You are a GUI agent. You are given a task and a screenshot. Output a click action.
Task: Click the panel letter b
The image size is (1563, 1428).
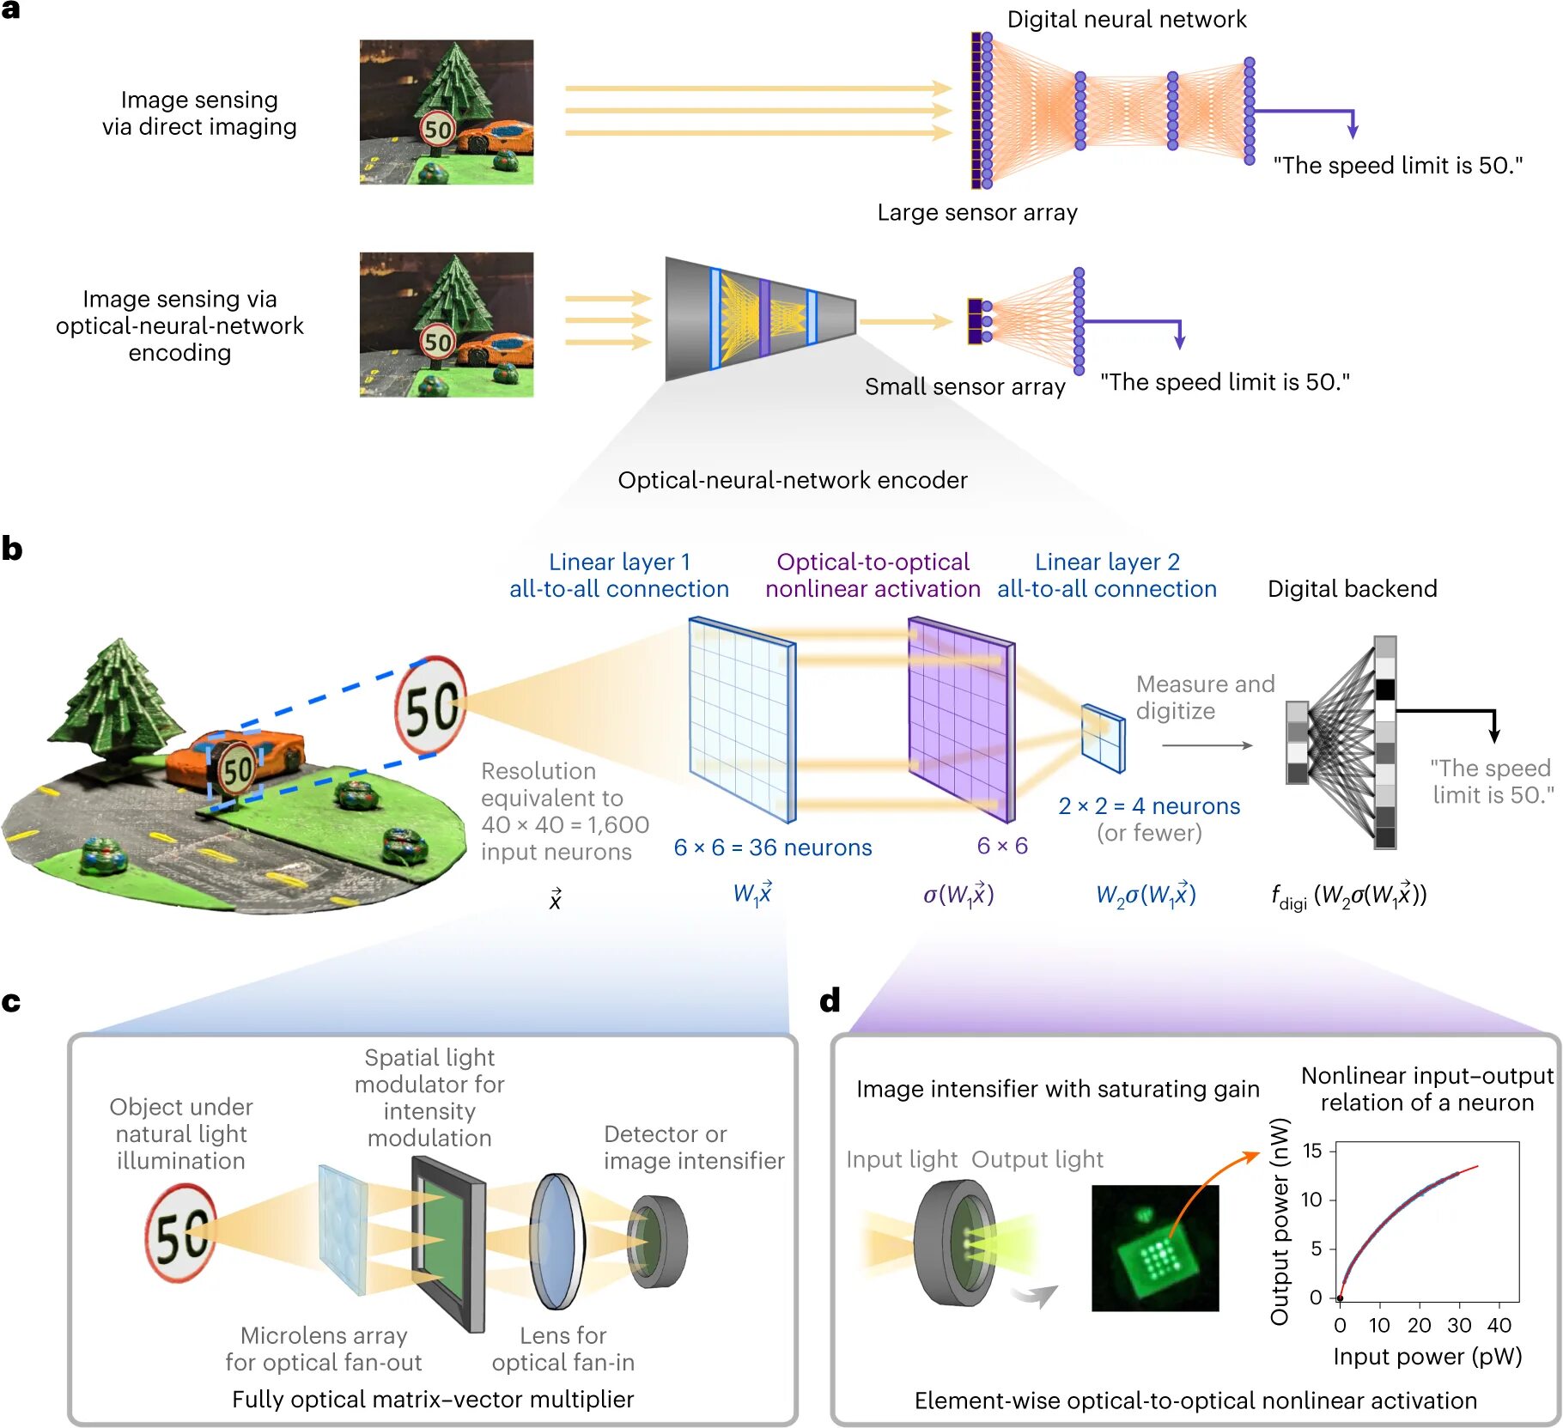coord(12,548)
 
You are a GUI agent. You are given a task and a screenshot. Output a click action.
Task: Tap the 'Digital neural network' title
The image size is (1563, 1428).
coord(1126,19)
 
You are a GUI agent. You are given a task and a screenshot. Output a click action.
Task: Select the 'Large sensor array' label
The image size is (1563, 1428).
coord(976,212)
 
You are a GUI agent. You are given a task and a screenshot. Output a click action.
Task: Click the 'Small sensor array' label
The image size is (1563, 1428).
coord(964,386)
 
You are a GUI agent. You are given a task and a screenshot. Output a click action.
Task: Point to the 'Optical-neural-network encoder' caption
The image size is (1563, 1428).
coord(792,480)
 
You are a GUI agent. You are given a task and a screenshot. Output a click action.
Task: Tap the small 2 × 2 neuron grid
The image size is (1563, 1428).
coord(1103,738)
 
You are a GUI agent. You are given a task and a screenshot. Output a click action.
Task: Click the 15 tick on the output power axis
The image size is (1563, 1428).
coord(1311,1151)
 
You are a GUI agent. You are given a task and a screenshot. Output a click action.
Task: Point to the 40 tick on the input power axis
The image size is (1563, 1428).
coord(1499,1325)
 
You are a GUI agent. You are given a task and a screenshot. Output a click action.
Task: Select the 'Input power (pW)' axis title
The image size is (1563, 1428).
coord(1427,1357)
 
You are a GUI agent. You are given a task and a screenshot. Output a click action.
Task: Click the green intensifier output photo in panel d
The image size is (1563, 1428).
coord(1154,1248)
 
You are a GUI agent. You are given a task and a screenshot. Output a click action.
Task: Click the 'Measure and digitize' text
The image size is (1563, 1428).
coord(1204,697)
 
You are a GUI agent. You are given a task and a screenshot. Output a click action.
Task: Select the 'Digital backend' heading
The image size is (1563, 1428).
coord(1352,588)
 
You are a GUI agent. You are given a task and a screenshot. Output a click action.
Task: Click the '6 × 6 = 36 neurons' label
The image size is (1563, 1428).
coord(772,848)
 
